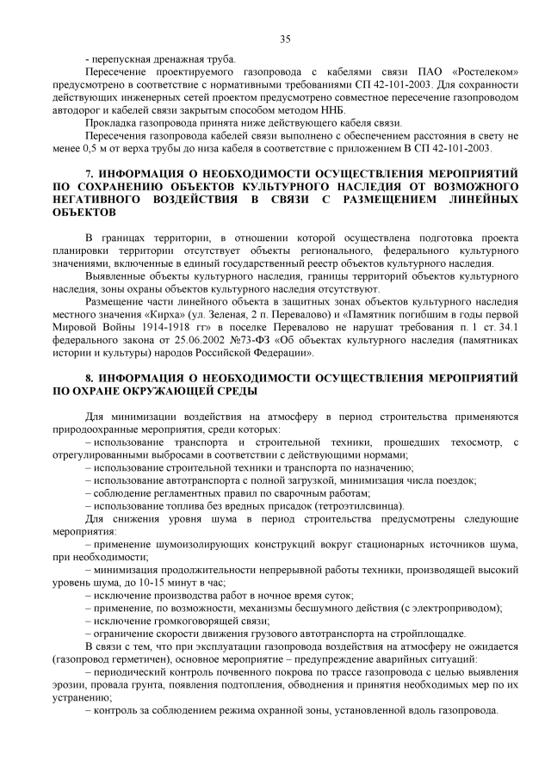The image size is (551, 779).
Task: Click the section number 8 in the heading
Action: [90, 377]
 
